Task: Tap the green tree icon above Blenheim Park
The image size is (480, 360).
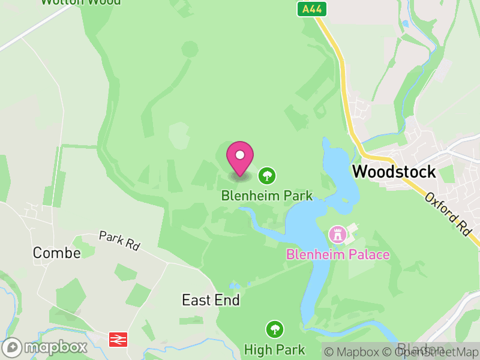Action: pyautogui.click(x=267, y=176)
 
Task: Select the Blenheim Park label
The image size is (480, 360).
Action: pyautogui.click(x=267, y=195)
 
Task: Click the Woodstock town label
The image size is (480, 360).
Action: pyautogui.click(x=394, y=171)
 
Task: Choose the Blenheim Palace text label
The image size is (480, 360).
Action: pyautogui.click(x=338, y=254)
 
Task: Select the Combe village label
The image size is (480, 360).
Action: pyautogui.click(x=56, y=253)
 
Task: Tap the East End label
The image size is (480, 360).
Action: pyautogui.click(x=211, y=300)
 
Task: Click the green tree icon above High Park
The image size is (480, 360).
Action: pyautogui.click(x=275, y=329)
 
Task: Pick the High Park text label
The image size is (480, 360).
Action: pyautogui.click(x=275, y=349)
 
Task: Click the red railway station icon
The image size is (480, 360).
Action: pyautogui.click(x=118, y=340)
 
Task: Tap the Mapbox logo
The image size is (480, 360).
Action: pyautogui.click(x=46, y=347)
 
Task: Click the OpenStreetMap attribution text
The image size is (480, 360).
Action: pyautogui.click(x=432, y=352)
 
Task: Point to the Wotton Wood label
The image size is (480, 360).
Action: pyautogui.click(x=80, y=2)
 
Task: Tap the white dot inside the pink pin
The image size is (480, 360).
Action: pyautogui.click(x=240, y=155)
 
